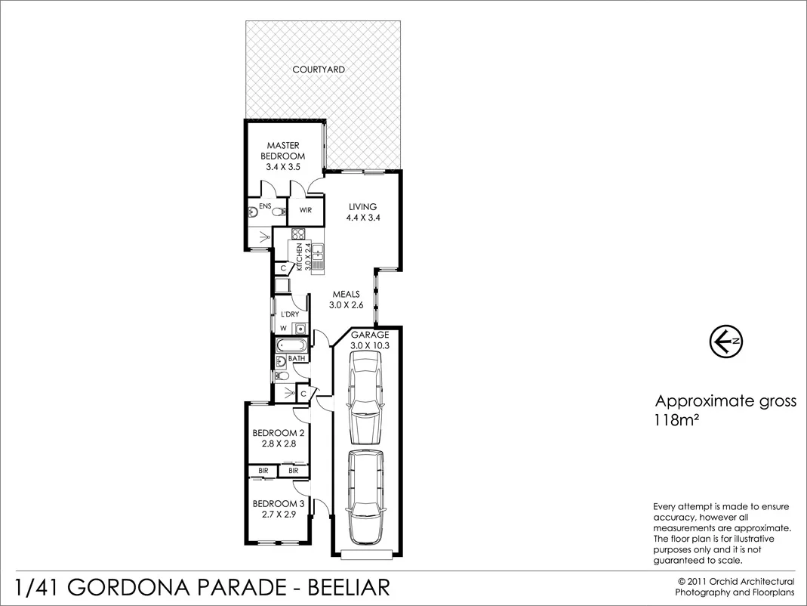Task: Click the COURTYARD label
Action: [319, 70]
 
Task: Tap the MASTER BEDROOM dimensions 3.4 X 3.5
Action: [283, 167]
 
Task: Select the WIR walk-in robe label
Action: [306, 210]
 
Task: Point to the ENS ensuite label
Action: [265, 206]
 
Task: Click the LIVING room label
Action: [362, 206]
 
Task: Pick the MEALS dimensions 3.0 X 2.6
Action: [347, 305]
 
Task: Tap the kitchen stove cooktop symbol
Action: [297, 233]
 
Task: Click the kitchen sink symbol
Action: [318, 257]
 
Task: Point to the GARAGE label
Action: [369, 335]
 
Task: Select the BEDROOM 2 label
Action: [278, 433]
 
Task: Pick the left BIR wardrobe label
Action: [263, 471]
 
